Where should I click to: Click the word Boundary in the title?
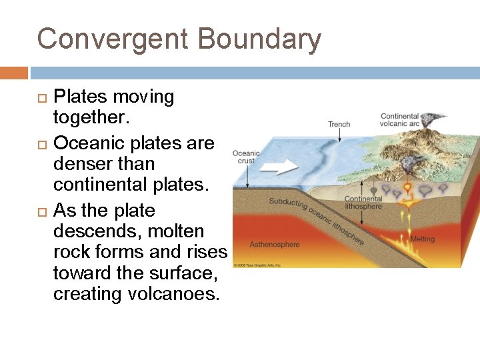(259, 39)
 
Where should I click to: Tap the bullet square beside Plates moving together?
(42, 98)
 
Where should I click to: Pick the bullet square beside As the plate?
(42, 211)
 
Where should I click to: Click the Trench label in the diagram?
(339, 124)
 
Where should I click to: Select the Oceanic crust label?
(245, 157)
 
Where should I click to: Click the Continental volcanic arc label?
(399, 119)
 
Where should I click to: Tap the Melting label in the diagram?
(422, 239)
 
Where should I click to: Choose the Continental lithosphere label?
(363, 203)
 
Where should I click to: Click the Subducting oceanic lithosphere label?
(317, 220)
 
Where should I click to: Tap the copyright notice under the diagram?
(257, 265)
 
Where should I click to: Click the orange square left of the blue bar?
(14, 73)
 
